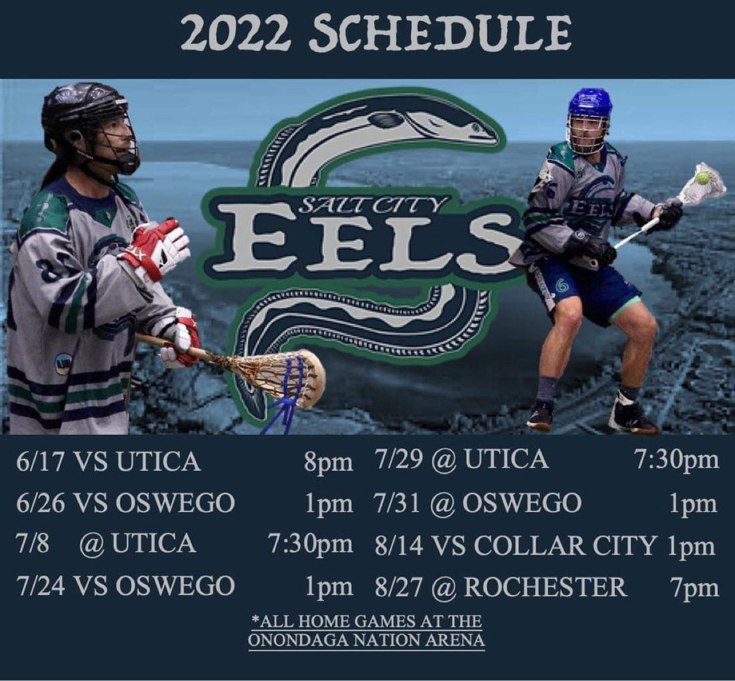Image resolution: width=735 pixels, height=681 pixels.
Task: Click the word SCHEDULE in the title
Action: pos(439,34)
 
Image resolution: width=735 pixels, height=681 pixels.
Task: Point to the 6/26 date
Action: pos(42,503)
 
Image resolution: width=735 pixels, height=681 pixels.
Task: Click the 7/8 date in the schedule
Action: pos(32,544)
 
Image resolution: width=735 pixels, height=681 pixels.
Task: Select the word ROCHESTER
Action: pos(545,587)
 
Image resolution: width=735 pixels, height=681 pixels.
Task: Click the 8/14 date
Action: pos(399,546)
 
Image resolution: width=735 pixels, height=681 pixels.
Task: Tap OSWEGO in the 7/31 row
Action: pos(521,503)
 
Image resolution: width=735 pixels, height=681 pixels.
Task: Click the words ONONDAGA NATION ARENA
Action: pos(366,640)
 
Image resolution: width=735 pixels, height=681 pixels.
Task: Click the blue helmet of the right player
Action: pos(589,103)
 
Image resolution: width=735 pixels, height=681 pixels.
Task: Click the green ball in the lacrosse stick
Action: pos(703,178)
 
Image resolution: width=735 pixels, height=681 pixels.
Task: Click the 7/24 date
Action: pos(42,586)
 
